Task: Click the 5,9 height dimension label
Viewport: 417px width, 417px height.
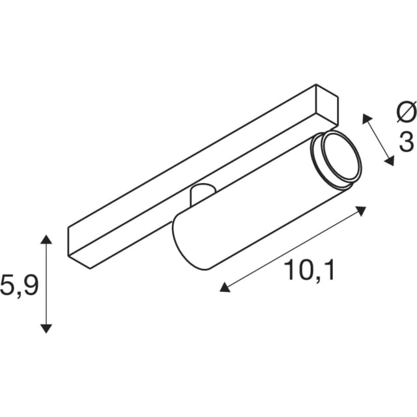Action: coord(19,287)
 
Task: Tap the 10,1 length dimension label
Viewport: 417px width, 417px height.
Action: coord(309,270)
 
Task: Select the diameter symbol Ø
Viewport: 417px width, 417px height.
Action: coord(407,111)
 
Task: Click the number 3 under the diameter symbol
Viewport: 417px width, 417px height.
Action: coord(407,141)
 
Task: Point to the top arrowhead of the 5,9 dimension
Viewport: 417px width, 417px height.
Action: coord(46,239)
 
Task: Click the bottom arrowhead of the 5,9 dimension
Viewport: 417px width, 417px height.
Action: coord(46,328)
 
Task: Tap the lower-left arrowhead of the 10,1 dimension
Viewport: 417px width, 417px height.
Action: coord(225,287)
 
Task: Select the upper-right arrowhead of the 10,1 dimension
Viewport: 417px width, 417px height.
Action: coord(361,211)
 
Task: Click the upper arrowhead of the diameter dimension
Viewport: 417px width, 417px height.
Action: coord(367,119)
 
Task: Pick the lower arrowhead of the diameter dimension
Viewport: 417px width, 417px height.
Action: coord(389,161)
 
